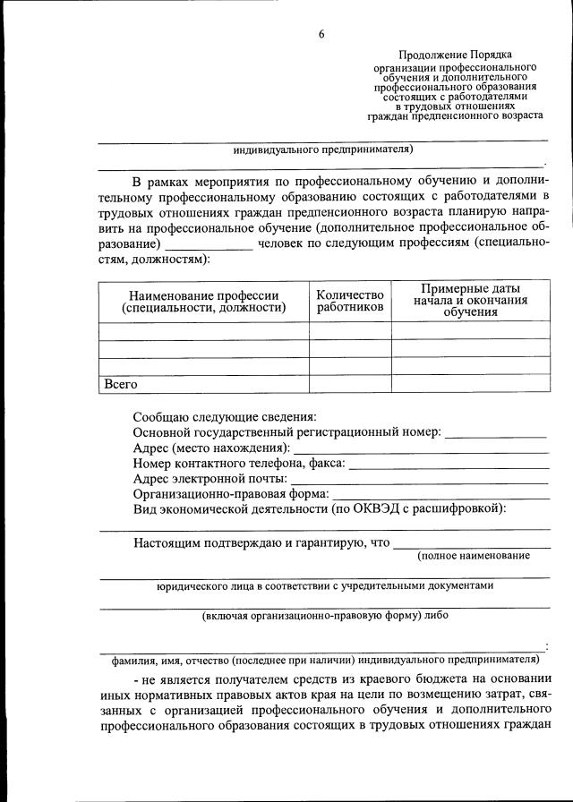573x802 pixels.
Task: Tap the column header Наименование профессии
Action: [203, 301]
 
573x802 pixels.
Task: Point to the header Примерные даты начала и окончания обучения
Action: [470, 301]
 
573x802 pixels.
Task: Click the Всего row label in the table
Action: [121, 384]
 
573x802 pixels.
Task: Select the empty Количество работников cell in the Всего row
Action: [350, 384]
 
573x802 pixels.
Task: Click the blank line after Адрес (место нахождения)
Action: [421, 448]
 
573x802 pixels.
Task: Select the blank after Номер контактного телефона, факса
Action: [449, 464]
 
